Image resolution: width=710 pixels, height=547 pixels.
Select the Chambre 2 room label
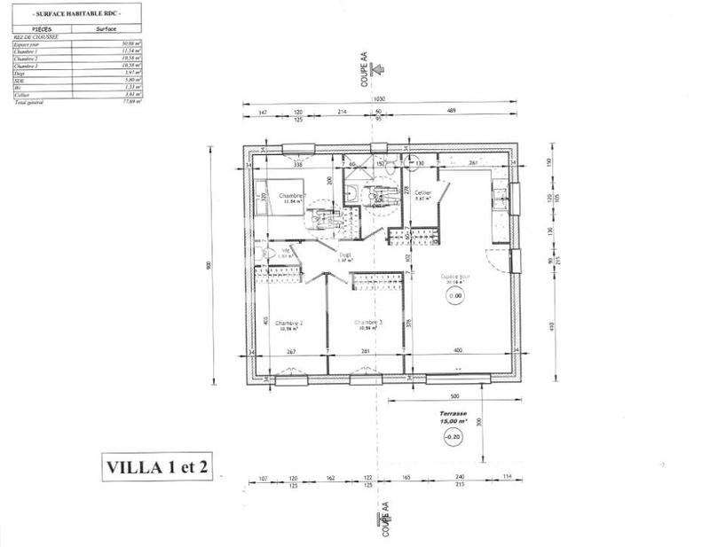(289, 324)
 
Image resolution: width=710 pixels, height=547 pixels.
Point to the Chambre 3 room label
(367, 324)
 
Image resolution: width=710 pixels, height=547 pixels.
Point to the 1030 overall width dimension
(379, 99)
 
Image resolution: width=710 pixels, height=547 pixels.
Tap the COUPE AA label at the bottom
(384, 519)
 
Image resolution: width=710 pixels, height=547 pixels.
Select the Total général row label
(31, 103)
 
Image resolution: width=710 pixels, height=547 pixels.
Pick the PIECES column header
(40, 28)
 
